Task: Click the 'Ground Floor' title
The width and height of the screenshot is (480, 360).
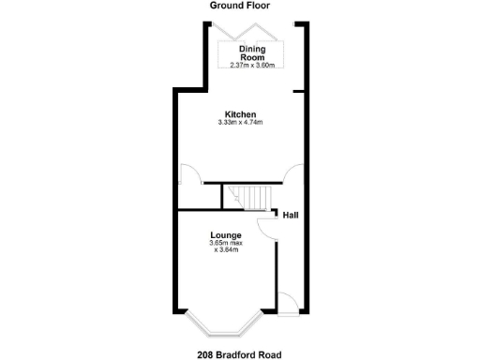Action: click(239, 6)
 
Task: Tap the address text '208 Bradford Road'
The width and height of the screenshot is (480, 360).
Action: click(239, 354)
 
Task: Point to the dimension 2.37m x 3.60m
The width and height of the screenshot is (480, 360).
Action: click(253, 65)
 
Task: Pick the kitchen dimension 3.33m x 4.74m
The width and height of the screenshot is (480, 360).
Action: click(240, 124)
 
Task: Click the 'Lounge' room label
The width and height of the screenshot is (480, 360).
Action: click(226, 234)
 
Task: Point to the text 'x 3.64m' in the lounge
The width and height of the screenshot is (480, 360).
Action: click(226, 250)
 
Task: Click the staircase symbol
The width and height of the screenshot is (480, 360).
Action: click(250, 197)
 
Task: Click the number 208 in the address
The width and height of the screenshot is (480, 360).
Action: click(206, 354)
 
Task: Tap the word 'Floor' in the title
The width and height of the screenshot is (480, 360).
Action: click(257, 6)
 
